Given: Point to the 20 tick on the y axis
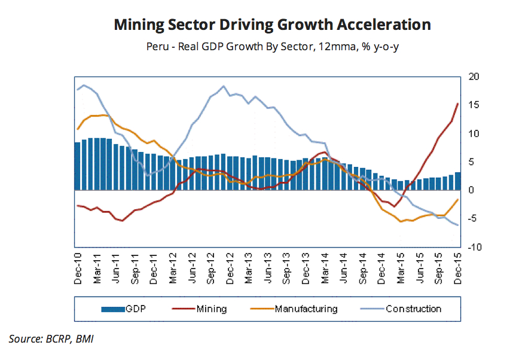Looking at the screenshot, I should click(x=472, y=77).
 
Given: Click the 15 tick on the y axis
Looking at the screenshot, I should click(x=472, y=105).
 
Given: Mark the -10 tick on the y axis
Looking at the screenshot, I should click(x=471, y=247).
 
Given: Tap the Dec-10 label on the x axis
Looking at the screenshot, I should click(x=79, y=268).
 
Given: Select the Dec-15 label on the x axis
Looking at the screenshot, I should click(x=457, y=268).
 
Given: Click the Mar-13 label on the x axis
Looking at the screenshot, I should click(x=249, y=268).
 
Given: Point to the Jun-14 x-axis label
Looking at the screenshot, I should click(x=344, y=268).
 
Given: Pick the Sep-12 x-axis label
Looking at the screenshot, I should click(x=212, y=268).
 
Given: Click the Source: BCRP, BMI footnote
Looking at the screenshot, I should click(x=51, y=340).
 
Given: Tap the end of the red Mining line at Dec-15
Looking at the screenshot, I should click(x=458, y=103).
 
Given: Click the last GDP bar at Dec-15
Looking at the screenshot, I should click(x=458, y=181).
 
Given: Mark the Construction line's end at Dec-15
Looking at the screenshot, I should click(x=458, y=225).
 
